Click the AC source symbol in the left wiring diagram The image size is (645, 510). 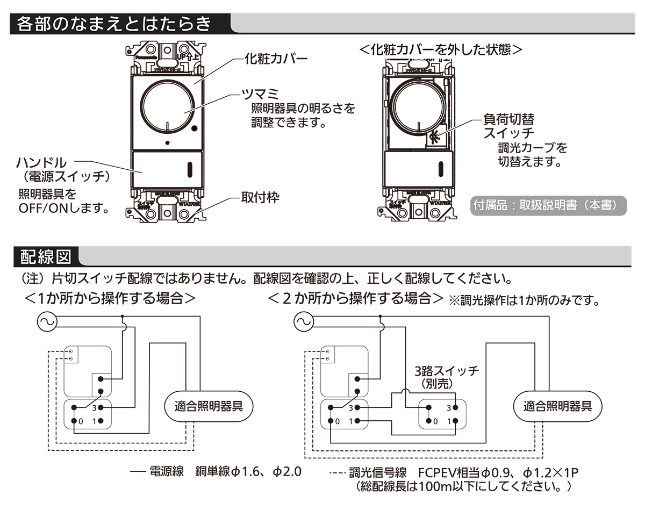tap(46, 322)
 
